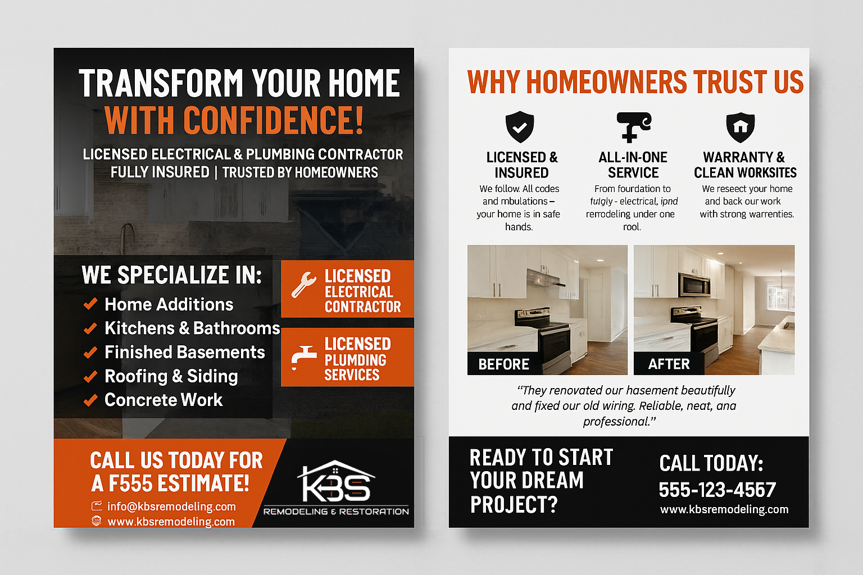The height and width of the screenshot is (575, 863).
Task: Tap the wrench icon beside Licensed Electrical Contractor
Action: click(303, 284)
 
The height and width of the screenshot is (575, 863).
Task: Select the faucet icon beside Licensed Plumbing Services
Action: click(303, 357)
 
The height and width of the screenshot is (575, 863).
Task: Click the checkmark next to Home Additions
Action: click(90, 304)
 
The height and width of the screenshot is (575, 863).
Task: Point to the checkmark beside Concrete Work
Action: click(90, 400)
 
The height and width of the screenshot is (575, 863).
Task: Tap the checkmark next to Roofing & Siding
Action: click(90, 376)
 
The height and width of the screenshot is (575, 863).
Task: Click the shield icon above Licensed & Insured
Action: click(520, 127)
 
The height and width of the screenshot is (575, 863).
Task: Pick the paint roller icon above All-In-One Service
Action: click(633, 126)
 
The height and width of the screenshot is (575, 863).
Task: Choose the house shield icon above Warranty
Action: click(741, 127)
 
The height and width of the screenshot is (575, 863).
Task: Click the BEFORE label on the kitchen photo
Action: click(503, 364)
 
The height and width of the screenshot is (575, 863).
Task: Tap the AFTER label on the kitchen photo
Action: click(669, 364)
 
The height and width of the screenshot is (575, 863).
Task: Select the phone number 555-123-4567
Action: click(717, 490)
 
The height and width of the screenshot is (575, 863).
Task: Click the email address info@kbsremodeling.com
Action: click(171, 506)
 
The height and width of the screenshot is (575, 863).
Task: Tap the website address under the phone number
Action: click(724, 509)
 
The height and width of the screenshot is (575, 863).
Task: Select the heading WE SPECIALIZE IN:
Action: click(171, 275)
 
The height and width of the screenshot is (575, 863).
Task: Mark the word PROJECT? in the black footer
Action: click(514, 505)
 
